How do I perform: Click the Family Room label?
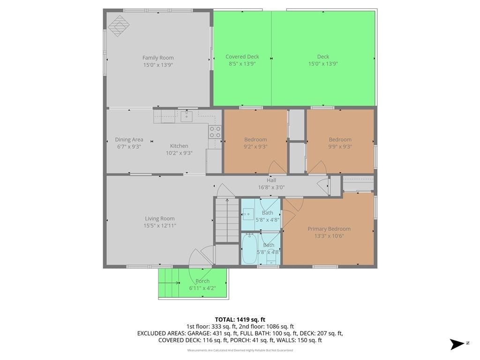point(158,58)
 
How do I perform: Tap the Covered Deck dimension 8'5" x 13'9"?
point(242,64)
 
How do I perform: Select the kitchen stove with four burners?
point(215,132)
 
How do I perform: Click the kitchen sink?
point(186,116)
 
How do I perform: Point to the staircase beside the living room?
point(227,220)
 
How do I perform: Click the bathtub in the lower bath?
point(249,248)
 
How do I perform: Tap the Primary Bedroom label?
point(329,229)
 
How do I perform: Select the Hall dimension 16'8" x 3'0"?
point(271,187)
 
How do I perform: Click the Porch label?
point(202,281)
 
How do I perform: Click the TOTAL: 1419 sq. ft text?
point(240,320)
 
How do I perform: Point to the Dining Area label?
point(129,140)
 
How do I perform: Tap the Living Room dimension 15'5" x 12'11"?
point(160,225)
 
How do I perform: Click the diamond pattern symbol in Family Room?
point(119,26)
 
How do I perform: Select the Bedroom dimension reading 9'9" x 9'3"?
point(340,146)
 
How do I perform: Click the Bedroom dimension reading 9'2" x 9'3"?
point(255,146)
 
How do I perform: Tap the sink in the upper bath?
point(248,214)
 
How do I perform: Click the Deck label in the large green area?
point(323,57)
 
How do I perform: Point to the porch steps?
point(169,283)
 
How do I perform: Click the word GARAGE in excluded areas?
point(199,333)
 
